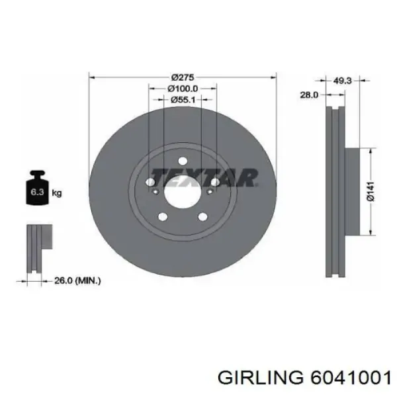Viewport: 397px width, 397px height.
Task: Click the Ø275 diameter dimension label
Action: point(183,77)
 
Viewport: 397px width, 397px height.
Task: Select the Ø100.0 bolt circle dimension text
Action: point(183,89)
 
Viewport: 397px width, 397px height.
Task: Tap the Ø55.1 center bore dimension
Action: point(183,100)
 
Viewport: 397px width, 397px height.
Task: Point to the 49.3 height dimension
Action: point(342,81)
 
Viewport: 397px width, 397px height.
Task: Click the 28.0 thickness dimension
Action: point(309,95)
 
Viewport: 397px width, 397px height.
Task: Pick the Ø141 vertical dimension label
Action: point(371,192)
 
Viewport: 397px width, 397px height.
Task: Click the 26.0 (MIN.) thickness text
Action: point(77,281)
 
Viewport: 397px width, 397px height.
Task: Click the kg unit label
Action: point(57,193)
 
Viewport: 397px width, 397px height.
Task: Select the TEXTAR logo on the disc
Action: point(204,178)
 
